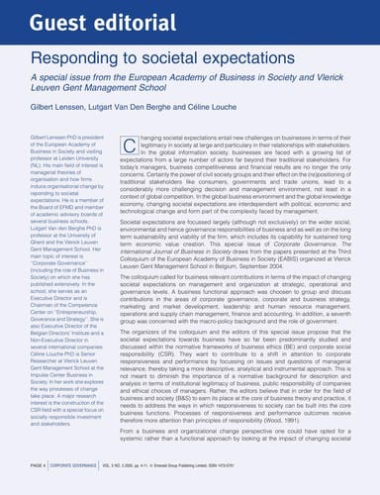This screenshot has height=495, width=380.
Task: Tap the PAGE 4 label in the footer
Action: [x=29, y=478]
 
